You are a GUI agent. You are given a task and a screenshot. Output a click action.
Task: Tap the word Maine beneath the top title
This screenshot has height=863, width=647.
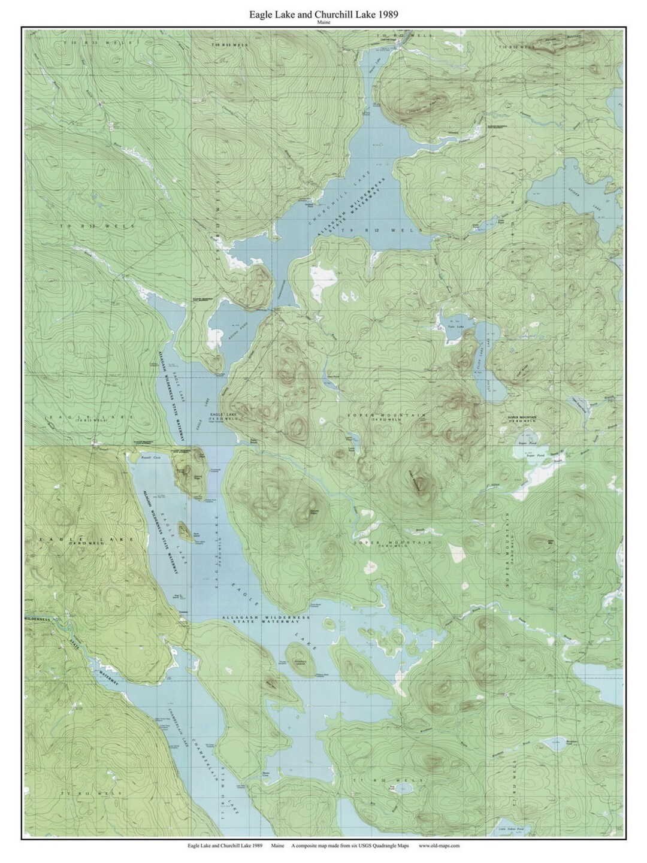coord(323,22)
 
